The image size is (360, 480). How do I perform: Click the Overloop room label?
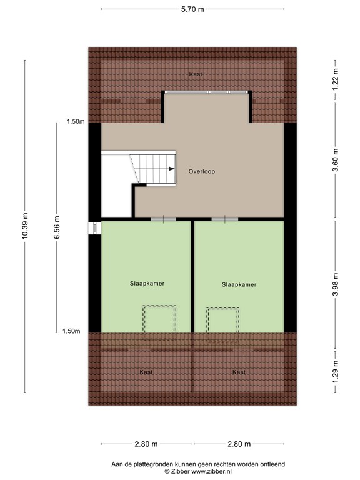coord(202,171)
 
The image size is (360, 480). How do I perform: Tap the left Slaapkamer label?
coord(147,284)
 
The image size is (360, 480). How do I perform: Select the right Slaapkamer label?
coord(239,285)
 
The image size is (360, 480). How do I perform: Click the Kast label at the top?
coord(196,74)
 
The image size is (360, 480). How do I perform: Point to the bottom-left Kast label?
coord(146,372)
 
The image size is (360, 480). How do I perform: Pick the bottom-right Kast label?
coord(239,372)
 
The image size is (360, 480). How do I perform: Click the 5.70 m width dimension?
coord(192,9)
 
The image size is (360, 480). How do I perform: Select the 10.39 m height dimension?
coord(25,226)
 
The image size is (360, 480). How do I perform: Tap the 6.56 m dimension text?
coord(57,227)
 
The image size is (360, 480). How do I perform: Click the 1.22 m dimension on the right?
coord(336,79)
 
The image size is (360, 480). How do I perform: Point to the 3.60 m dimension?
coord(336,161)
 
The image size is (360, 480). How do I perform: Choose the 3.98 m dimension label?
coord(336,285)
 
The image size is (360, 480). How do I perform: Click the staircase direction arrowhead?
coord(172,169)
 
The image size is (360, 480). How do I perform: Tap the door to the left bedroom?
coord(163,219)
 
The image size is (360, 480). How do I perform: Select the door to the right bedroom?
coord(225,219)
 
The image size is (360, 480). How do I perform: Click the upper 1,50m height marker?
coord(76,122)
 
